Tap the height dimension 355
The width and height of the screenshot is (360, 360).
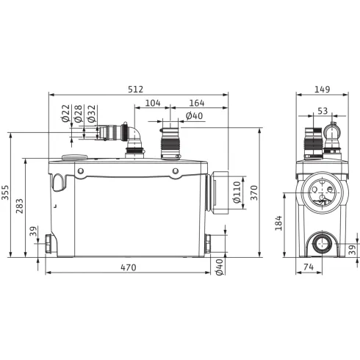(6, 193)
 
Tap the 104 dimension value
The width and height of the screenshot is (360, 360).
(153, 104)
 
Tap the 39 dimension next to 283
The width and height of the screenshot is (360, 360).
(32, 231)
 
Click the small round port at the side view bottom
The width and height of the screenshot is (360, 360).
(321, 242)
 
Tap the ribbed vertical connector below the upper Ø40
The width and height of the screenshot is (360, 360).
(170, 143)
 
